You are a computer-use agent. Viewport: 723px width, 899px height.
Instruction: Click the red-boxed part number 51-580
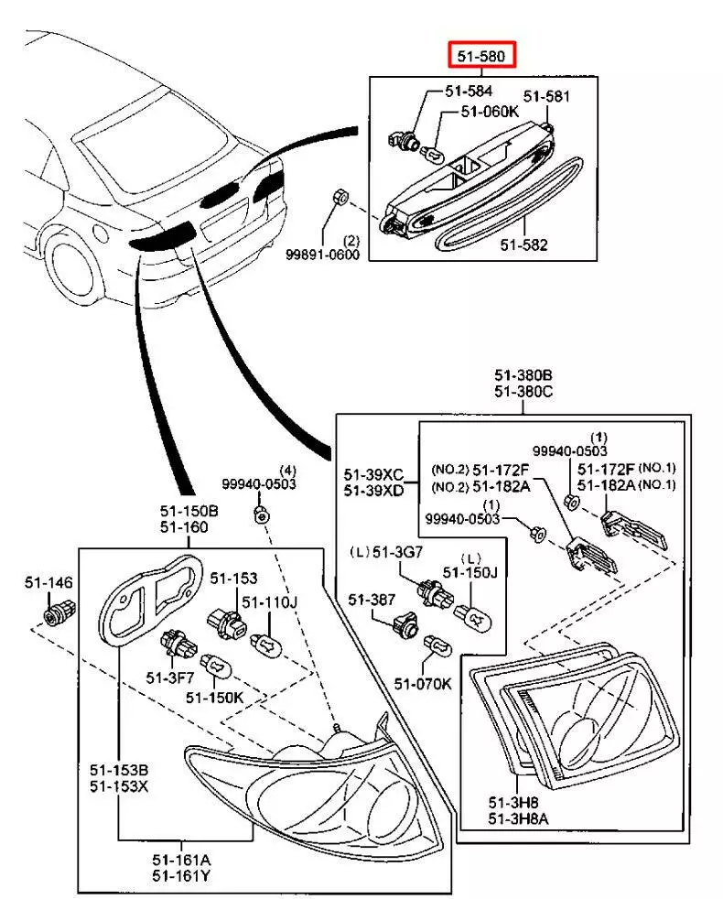tap(482, 57)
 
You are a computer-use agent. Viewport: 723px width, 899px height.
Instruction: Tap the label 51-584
tap(469, 92)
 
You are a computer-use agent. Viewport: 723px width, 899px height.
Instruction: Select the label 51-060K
tap(489, 111)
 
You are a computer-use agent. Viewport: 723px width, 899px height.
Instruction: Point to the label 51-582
tap(523, 246)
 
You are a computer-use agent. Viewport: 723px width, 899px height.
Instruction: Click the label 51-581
tap(546, 95)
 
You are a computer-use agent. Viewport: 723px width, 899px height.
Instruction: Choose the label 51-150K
tap(213, 697)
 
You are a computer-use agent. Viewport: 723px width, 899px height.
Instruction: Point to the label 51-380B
tap(523, 374)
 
